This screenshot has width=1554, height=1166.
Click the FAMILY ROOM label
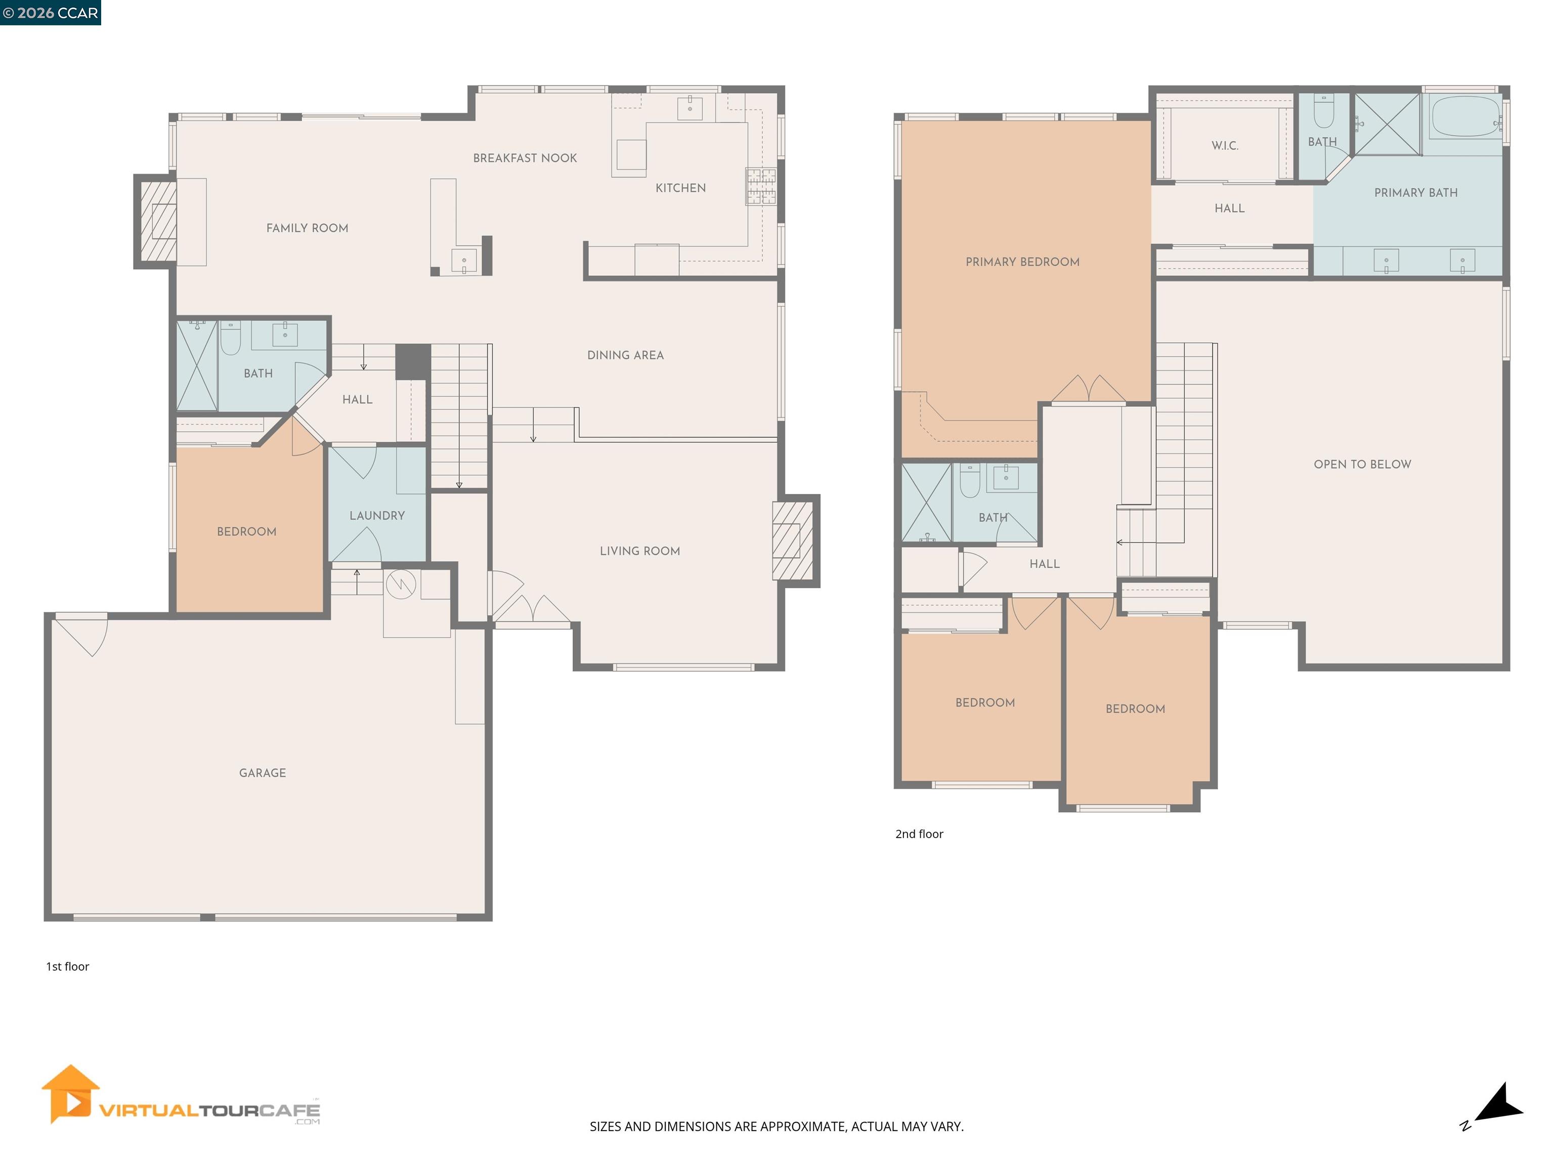click(x=307, y=228)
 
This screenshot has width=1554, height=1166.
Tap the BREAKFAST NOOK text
click(x=525, y=158)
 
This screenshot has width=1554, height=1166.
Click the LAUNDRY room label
click(x=377, y=515)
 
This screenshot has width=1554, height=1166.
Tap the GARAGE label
click(x=262, y=772)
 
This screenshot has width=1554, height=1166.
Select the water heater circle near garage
click(x=401, y=584)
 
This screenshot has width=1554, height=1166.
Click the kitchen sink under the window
click(x=690, y=108)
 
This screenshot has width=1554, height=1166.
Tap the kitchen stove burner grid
click(x=761, y=186)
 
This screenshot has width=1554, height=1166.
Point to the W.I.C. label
click(x=1225, y=145)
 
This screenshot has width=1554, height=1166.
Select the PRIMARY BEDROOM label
click(x=1022, y=262)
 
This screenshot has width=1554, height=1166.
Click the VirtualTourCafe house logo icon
click(x=69, y=1094)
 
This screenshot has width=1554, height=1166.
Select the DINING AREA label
click(x=625, y=355)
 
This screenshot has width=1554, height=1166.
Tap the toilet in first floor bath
click(x=231, y=338)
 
